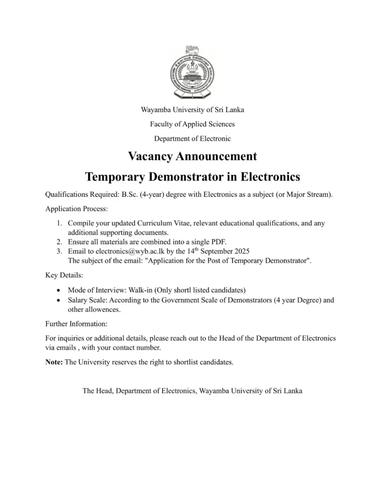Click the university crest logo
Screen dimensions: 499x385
pos(192,72)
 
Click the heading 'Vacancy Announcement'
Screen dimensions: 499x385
pos(192,156)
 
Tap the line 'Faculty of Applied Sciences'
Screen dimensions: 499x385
pos(192,124)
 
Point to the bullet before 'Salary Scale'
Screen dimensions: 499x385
pos(59,300)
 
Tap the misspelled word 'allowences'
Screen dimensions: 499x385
pos(101,309)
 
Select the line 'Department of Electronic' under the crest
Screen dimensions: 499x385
pos(192,138)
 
